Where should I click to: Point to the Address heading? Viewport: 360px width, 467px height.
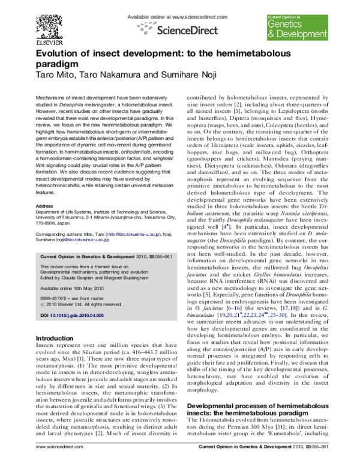(45, 205)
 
